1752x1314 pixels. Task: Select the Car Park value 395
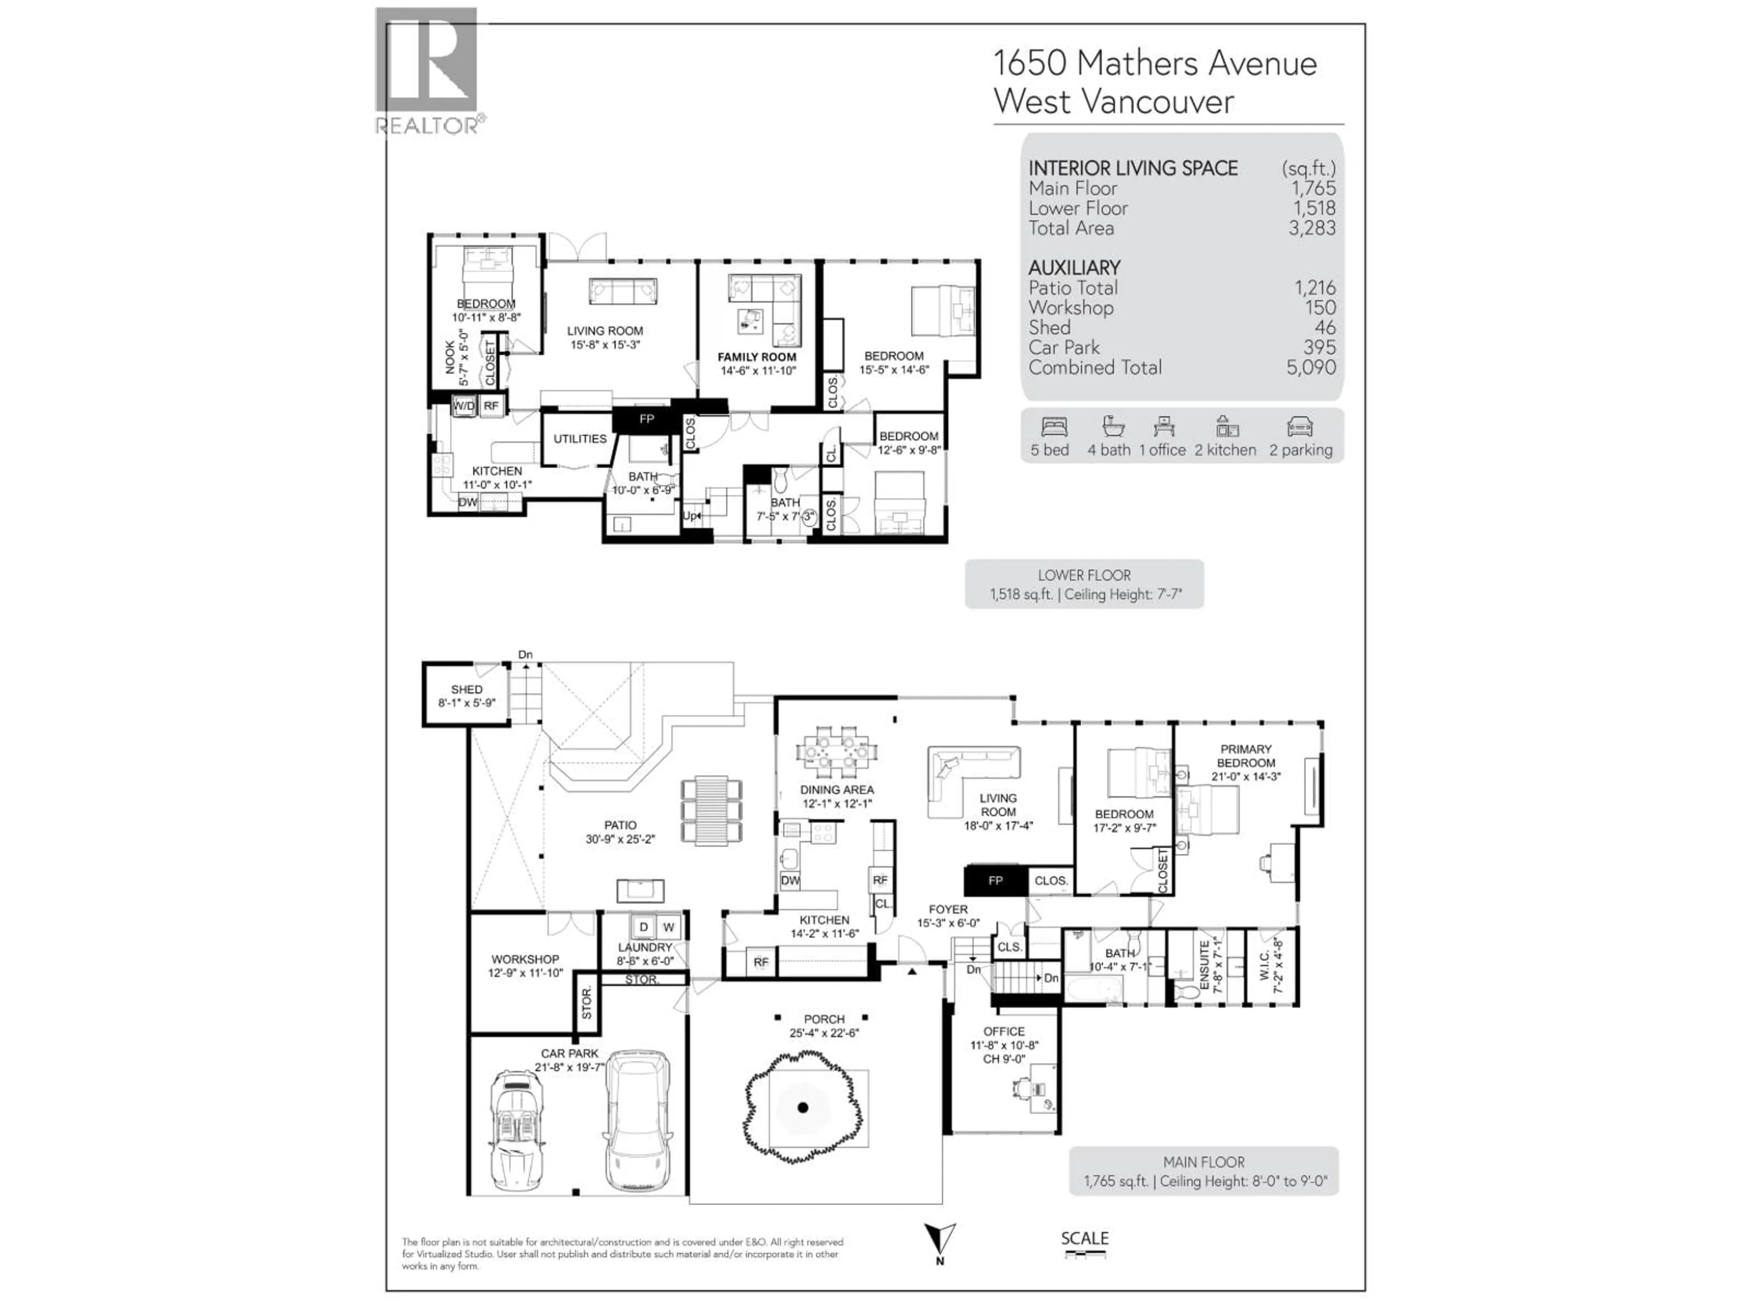pos(1319,347)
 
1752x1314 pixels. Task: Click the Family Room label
pos(756,357)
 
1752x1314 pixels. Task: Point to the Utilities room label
pos(580,439)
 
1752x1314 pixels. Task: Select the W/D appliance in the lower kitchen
pos(464,406)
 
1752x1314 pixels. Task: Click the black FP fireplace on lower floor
pos(647,419)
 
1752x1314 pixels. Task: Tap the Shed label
pos(466,690)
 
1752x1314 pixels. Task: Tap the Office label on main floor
pos(1003,1031)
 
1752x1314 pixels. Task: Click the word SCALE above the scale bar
pos(1085,1238)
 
